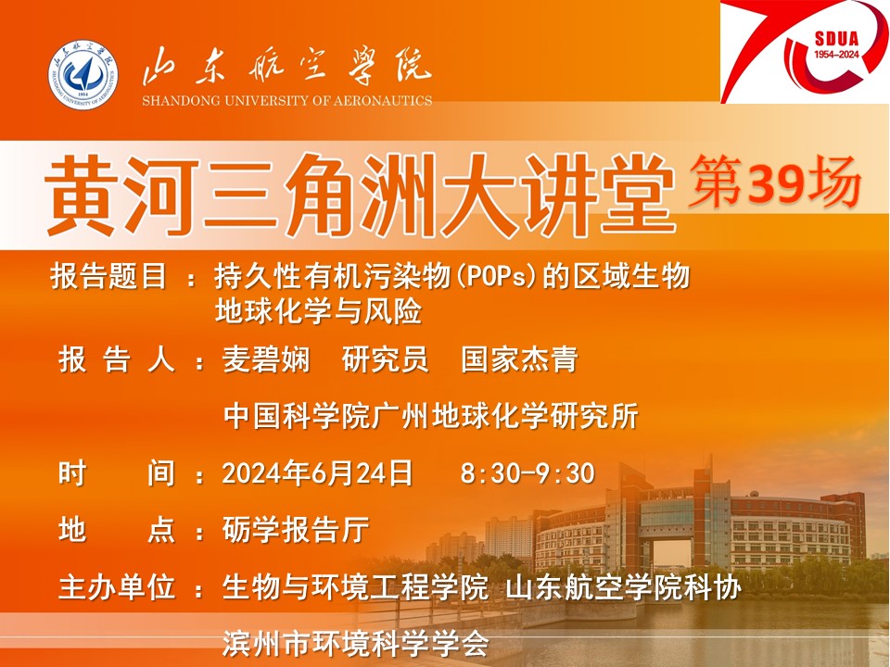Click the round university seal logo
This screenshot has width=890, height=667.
pos(83,75)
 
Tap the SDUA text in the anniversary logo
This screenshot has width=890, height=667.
pos(836,39)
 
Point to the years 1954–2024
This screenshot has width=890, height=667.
pos(836,55)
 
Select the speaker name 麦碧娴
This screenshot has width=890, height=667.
pos(266,359)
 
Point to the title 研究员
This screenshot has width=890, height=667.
pos(385,359)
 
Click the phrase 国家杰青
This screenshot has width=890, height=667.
pos(519,359)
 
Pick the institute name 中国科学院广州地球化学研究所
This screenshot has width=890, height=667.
pos(431,416)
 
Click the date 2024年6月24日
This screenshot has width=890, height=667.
pos(317,473)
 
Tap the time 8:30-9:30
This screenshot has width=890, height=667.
pos(528,473)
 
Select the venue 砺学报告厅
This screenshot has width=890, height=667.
pos(296,530)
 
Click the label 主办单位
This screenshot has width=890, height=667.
pos(117,587)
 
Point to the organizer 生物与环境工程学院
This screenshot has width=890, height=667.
pos(355,587)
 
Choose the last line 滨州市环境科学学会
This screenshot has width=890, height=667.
pos(355,643)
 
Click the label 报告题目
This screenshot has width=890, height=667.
pos(109,277)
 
